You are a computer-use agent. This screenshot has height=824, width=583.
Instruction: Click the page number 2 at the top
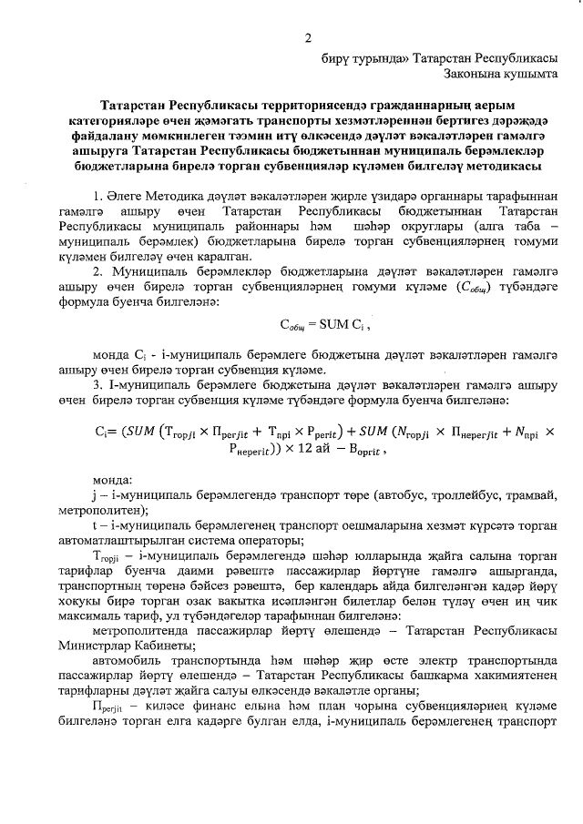[308, 37]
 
